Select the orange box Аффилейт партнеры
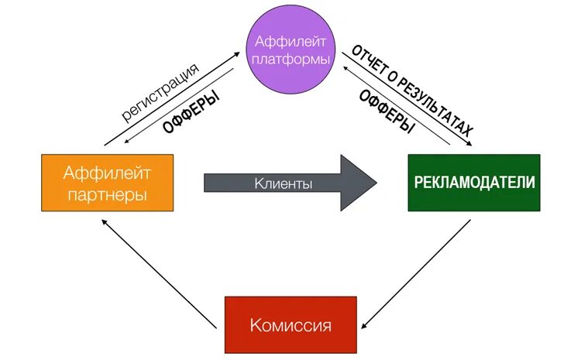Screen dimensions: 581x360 click(107, 183)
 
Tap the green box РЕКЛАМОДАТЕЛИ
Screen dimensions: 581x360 click(474, 183)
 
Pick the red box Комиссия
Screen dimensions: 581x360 click(290, 324)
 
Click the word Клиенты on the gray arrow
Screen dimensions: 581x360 click(283, 184)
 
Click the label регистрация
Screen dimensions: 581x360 click(160, 91)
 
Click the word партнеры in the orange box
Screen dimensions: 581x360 click(107, 194)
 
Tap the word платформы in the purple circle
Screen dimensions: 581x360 click(290, 59)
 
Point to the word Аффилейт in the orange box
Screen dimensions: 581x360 click(107, 173)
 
